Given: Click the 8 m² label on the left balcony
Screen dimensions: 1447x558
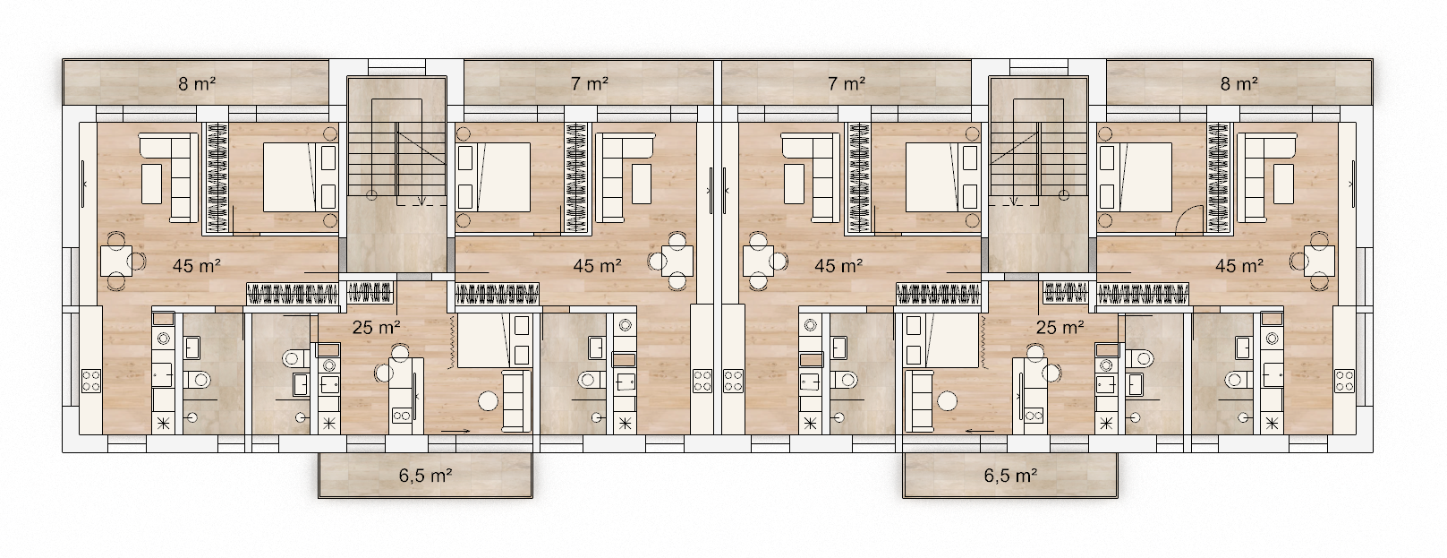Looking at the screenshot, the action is [x=197, y=83].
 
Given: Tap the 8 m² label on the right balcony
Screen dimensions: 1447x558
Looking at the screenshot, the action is [x=1239, y=83].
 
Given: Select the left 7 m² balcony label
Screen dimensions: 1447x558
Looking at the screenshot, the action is [x=589, y=83].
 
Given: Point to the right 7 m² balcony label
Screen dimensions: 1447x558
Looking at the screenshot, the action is [x=847, y=83].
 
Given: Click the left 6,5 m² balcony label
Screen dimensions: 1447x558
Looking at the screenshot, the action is [x=425, y=476].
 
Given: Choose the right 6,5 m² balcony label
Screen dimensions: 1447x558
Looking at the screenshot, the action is [x=1010, y=476].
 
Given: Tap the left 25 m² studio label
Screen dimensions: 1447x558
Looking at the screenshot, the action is [x=376, y=327].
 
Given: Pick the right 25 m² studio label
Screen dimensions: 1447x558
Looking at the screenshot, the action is [x=1060, y=327].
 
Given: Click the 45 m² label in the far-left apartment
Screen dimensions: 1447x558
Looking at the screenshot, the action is [x=197, y=266].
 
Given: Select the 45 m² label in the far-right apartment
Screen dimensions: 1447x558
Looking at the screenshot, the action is [x=1239, y=266].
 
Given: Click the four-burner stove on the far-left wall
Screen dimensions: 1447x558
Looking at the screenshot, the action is [x=91, y=381].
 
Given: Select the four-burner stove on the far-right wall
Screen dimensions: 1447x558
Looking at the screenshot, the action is [x=1344, y=381].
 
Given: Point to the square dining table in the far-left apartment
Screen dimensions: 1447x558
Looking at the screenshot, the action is [x=116, y=261].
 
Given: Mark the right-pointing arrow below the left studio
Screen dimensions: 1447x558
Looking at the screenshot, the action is [x=455, y=429].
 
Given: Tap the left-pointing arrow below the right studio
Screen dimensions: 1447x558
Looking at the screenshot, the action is [x=980, y=429].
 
